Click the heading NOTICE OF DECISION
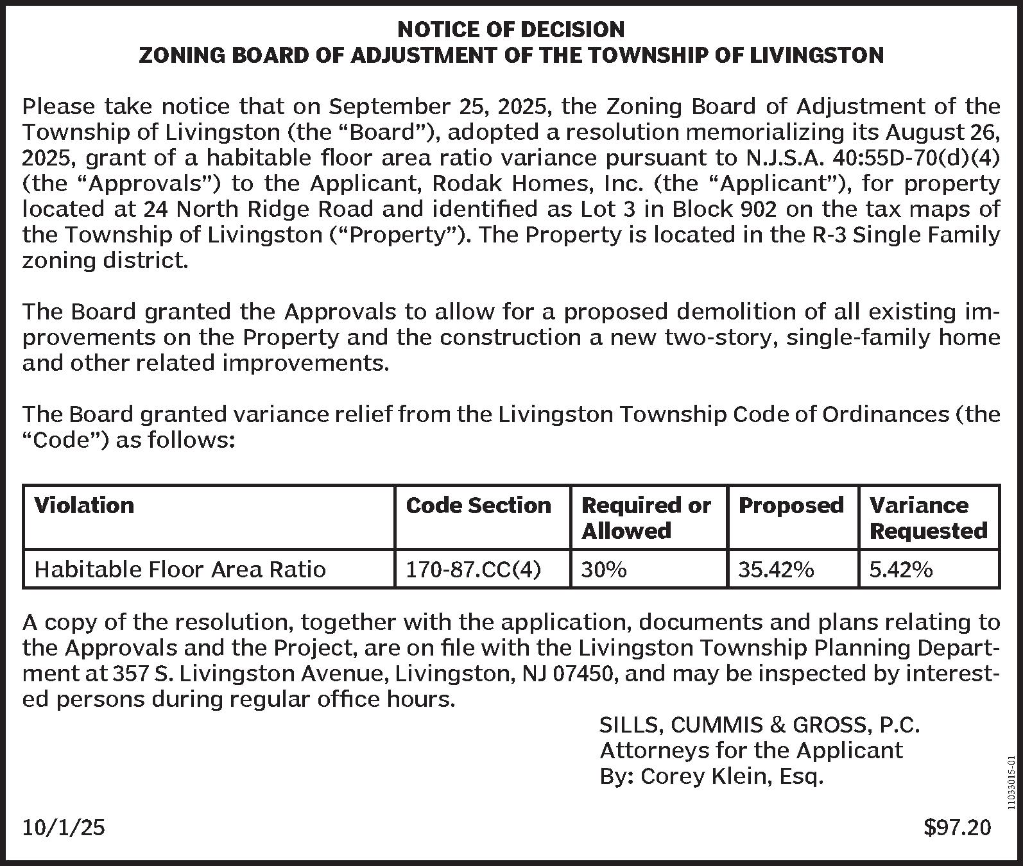pos(511,29)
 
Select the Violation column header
pos(84,505)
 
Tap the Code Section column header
pos(478,505)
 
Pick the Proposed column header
pos(791,505)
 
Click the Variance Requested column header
pos(927,518)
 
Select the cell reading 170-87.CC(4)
pos(473,569)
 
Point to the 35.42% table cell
pos(776,569)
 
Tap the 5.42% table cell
pos(900,569)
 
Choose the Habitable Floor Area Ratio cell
pos(180,569)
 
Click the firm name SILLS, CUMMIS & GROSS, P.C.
pos(759,725)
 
